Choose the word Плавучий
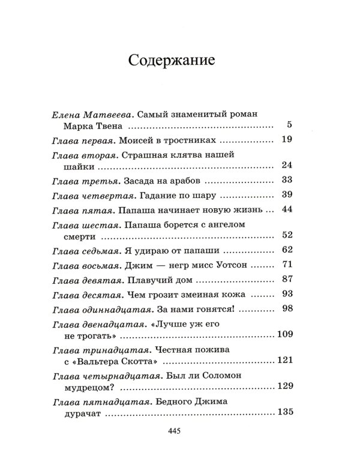[153, 278]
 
